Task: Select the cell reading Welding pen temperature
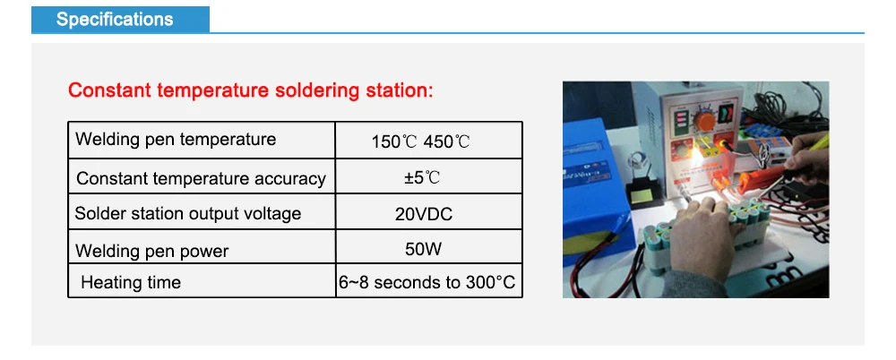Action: click(176, 140)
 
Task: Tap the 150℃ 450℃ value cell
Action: click(420, 141)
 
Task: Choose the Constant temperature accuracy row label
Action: click(201, 178)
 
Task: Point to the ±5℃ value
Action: click(421, 177)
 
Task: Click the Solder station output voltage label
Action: click(188, 213)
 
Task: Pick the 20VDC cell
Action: click(423, 214)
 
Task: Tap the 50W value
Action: click(423, 248)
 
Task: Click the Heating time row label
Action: click(131, 283)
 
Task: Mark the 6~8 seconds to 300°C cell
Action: click(427, 283)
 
